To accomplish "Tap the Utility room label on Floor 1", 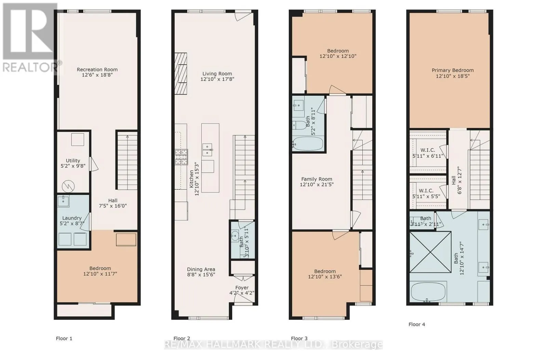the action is coord(73,161).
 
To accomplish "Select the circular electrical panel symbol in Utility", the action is coord(68,187).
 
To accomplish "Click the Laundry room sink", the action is coord(63,201).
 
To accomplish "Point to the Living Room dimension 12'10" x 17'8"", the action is coord(217,79).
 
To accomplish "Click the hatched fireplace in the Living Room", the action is coord(181,74).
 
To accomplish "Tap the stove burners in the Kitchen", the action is coord(181,157).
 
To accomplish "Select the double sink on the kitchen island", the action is coord(207,150).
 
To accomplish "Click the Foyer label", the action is coord(242,287).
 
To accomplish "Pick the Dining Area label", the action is coord(201,269).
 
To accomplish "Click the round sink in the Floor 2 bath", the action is coord(235,236).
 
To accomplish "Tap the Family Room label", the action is coord(317,179).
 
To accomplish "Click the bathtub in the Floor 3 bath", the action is coord(308,144).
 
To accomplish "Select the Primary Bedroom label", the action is coord(453,70).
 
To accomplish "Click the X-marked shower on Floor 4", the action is coord(430,252).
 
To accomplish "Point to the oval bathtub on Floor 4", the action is coord(428,292).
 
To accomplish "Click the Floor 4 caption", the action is coord(417,324).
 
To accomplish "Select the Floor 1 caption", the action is coord(64,338).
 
